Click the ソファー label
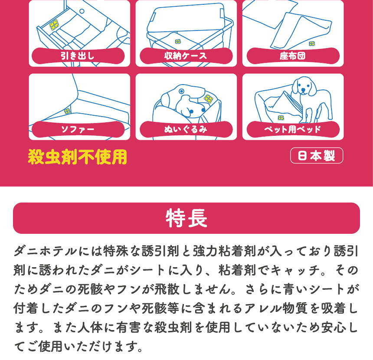pos(78,129)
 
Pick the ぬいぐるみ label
pos(185,129)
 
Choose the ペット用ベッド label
pos(292,129)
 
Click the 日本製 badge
pos(316,156)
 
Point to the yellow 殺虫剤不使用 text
pos(78,157)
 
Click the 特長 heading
pos(186,219)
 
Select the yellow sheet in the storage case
pos(178,42)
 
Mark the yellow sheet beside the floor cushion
pos(311,43)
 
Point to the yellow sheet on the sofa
pos(67,111)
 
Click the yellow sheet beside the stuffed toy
pos(208,98)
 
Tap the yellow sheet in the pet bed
pos(281,118)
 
